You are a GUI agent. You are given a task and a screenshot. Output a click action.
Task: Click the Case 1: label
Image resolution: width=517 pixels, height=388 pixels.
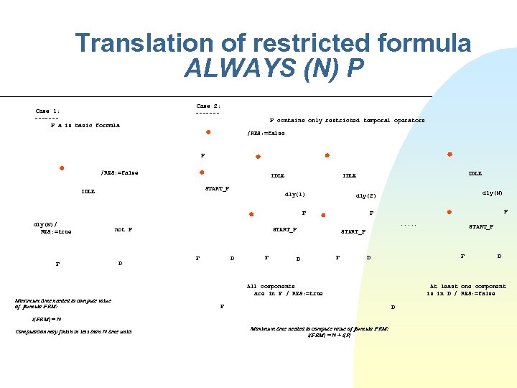47,111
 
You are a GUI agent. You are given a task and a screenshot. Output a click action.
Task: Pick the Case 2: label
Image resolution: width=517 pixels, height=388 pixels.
208,106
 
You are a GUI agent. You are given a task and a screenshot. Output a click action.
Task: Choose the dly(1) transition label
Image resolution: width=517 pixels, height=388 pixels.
295,194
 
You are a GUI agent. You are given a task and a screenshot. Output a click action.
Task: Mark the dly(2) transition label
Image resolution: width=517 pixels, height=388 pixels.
365,195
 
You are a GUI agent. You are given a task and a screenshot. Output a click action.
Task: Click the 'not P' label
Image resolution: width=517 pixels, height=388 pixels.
124,230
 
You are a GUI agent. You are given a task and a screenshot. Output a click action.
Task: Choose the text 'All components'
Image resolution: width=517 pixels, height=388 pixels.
271,286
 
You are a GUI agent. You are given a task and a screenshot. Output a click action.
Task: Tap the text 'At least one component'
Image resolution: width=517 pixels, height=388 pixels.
467,286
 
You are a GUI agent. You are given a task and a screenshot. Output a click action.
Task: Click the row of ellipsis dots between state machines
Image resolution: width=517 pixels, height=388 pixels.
409,225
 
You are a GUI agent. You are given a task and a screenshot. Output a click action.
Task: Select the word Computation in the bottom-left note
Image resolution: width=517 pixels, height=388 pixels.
33,331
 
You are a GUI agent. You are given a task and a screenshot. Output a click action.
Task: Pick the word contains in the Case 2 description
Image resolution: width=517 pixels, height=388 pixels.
290,121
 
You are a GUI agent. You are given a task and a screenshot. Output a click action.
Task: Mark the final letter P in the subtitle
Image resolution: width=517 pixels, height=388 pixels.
354,69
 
